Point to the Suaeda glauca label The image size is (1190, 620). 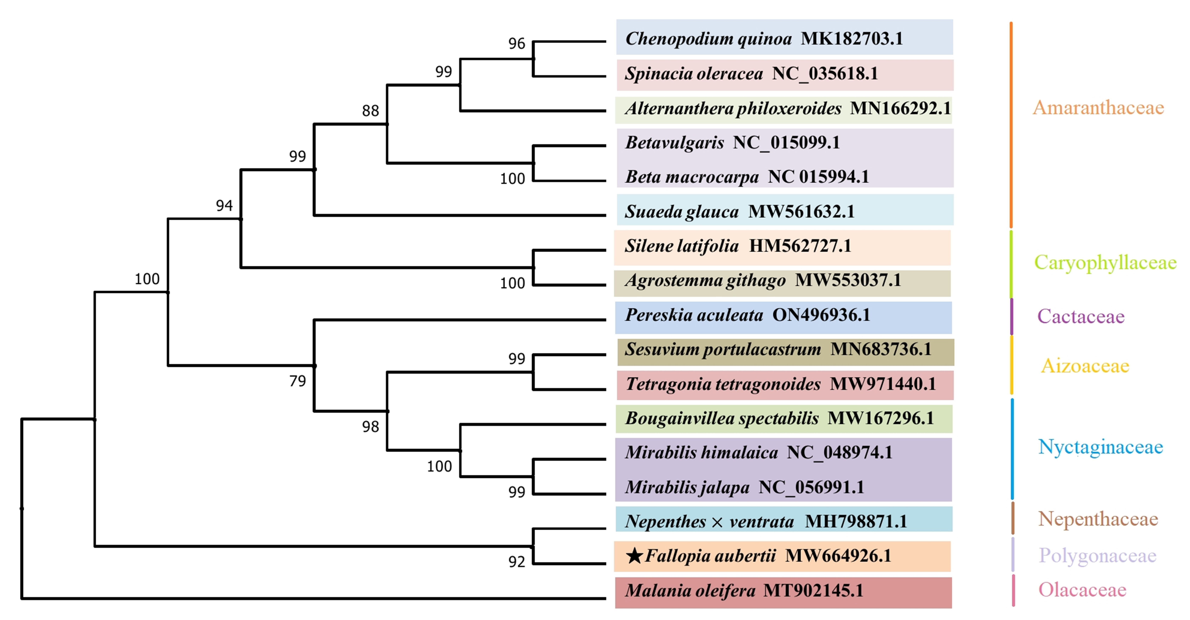click(x=682, y=212)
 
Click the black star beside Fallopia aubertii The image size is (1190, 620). click(x=635, y=556)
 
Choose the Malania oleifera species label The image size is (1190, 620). click(x=690, y=590)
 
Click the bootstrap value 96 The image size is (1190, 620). click(x=516, y=43)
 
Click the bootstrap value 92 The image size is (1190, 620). click(x=516, y=562)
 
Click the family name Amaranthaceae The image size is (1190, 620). click(x=1098, y=108)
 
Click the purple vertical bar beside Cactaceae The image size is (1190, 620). click(x=1012, y=317)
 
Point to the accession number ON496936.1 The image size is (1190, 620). click(x=821, y=315)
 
